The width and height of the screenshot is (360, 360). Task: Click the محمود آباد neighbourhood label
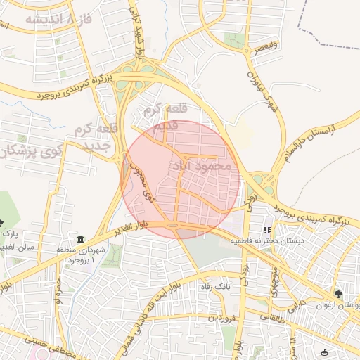200,167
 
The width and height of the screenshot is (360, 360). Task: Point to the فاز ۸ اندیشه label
49,18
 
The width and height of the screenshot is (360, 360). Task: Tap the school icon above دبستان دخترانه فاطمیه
266,230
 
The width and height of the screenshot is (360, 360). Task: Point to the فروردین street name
221,319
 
